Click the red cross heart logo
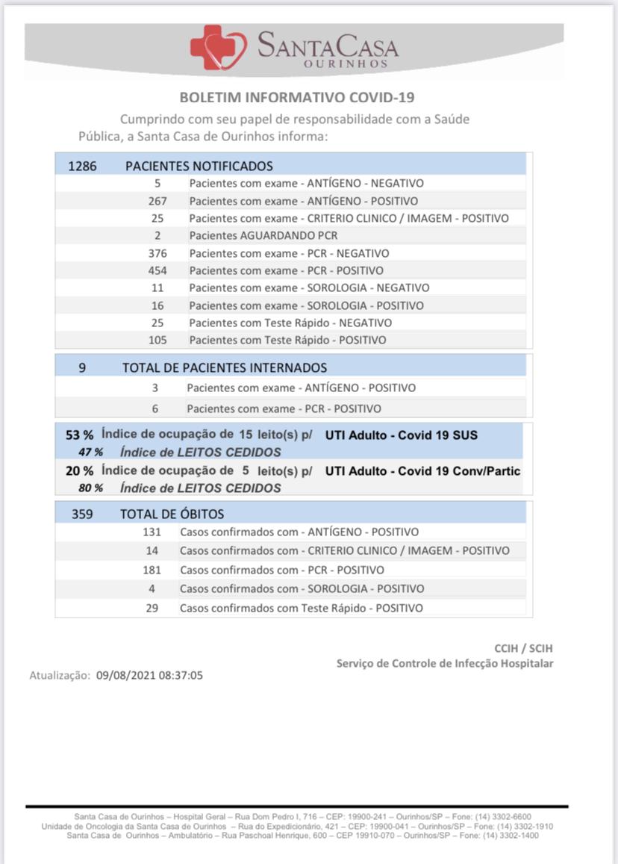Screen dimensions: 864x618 (219, 47)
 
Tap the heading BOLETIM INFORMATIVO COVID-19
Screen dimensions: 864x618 (297, 98)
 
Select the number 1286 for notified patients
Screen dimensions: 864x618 (82, 166)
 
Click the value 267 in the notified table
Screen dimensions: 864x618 (157, 201)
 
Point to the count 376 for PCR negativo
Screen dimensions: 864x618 (157, 253)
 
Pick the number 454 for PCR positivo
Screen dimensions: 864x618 (157, 270)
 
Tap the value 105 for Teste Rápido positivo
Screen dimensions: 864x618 (157, 340)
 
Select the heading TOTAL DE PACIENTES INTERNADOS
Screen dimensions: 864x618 (224, 367)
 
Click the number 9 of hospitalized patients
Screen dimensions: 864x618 (82, 367)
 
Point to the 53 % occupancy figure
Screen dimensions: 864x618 (79, 435)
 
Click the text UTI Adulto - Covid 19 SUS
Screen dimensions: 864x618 (401, 435)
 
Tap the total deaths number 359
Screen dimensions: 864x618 (82, 514)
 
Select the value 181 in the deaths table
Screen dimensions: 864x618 (152, 570)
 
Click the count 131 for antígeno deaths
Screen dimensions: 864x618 (152, 532)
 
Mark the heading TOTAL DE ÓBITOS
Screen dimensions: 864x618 (172, 514)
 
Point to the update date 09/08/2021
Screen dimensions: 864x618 (124, 675)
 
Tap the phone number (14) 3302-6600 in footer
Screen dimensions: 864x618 (505, 817)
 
